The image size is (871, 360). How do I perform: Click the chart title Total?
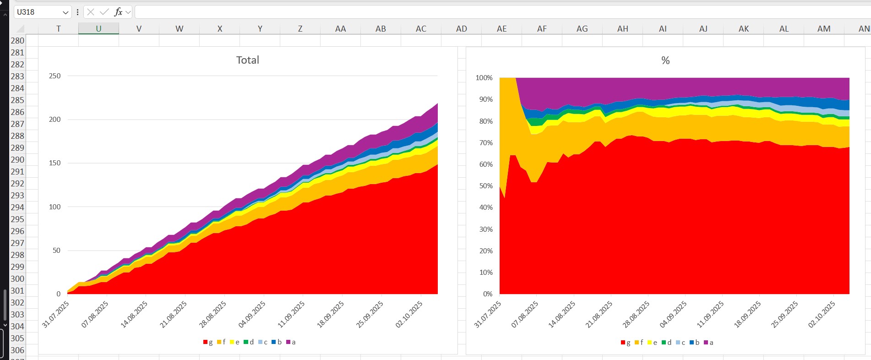click(247, 60)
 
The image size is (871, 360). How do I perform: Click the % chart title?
click(665, 60)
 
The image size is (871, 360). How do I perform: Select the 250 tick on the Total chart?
click(54, 76)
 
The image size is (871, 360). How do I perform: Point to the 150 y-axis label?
click(54, 163)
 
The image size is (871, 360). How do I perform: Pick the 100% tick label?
click(484, 78)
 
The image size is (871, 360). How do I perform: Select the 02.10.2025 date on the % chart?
click(822, 314)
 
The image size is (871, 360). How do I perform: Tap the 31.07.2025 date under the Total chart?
click(56, 314)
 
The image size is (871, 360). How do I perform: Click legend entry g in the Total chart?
click(208, 342)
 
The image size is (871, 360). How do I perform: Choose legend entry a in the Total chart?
click(291, 342)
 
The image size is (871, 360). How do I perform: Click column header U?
click(98, 28)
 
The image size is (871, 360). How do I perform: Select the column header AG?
click(582, 28)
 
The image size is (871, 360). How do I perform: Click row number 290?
click(17, 160)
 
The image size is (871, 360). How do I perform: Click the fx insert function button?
click(118, 12)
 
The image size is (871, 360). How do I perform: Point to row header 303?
click(17, 315)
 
